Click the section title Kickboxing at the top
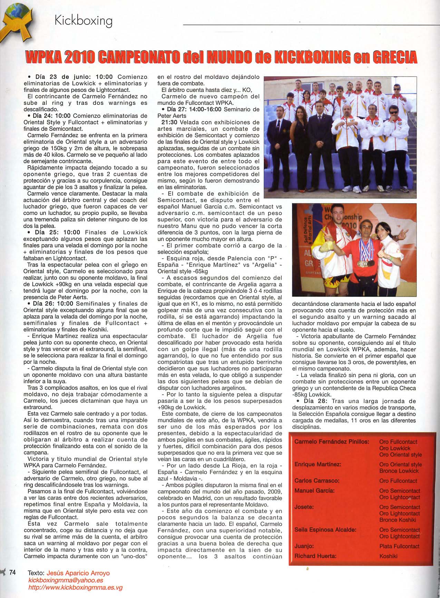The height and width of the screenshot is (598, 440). pyautogui.click(x=84, y=21)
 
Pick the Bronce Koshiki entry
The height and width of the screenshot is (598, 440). pyautogui.click(x=398, y=520)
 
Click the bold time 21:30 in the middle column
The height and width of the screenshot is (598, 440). pyautogui.click(x=168, y=122)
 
